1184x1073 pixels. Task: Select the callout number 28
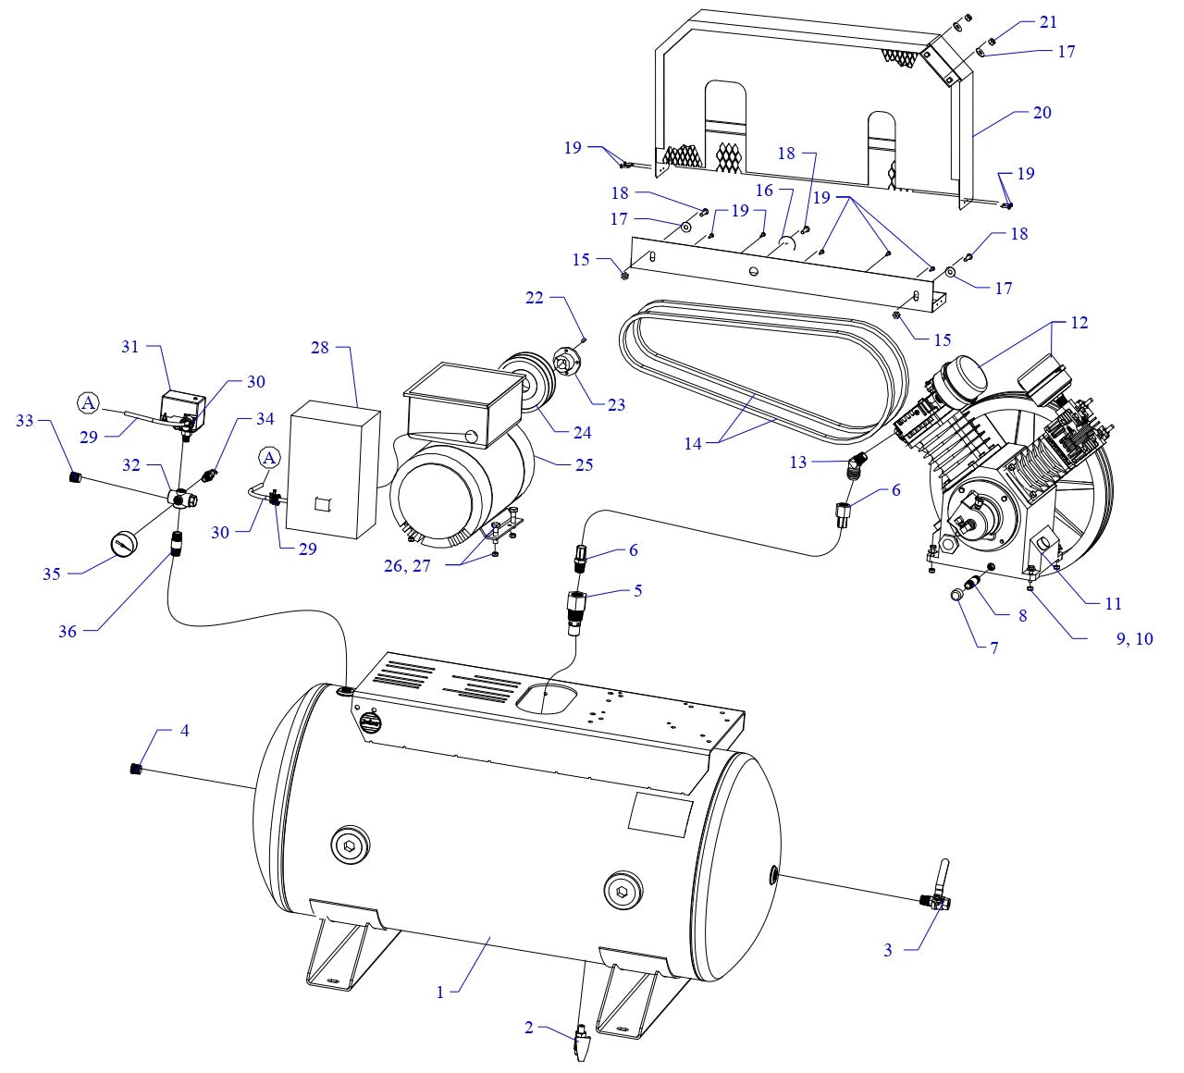pyautogui.click(x=319, y=347)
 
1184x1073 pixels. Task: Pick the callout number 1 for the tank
pyautogui.click(x=440, y=992)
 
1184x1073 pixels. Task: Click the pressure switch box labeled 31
pyautogui.click(x=183, y=405)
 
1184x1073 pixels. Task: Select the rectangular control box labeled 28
pyautogui.click(x=331, y=472)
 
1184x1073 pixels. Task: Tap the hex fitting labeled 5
pyautogui.click(x=576, y=609)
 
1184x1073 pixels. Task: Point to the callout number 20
pyautogui.click(x=1042, y=113)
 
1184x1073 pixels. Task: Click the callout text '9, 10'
pyautogui.click(x=1134, y=638)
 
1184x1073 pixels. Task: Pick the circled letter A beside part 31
pyautogui.click(x=88, y=402)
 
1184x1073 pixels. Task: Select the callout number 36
pyautogui.click(x=67, y=632)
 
